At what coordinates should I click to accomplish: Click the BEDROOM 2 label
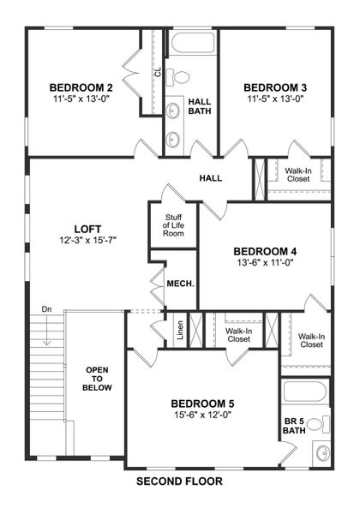[x=81, y=87]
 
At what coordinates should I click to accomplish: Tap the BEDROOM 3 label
[x=276, y=87]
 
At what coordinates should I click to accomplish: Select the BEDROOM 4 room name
[x=265, y=251]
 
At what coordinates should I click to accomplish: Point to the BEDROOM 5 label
[x=202, y=403]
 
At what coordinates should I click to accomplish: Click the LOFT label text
[x=87, y=229]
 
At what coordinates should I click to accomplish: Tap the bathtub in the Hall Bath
[x=189, y=45]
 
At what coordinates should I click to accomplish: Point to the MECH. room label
[x=180, y=284]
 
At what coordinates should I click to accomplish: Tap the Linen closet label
[x=180, y=331]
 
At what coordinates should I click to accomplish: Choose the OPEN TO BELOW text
[x=96, y=380]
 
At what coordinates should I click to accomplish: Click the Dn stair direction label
[x=46, y=309]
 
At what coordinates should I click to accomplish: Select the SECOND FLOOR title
[x=179, y=481]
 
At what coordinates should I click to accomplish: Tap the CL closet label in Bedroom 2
[x=158, y=74]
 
